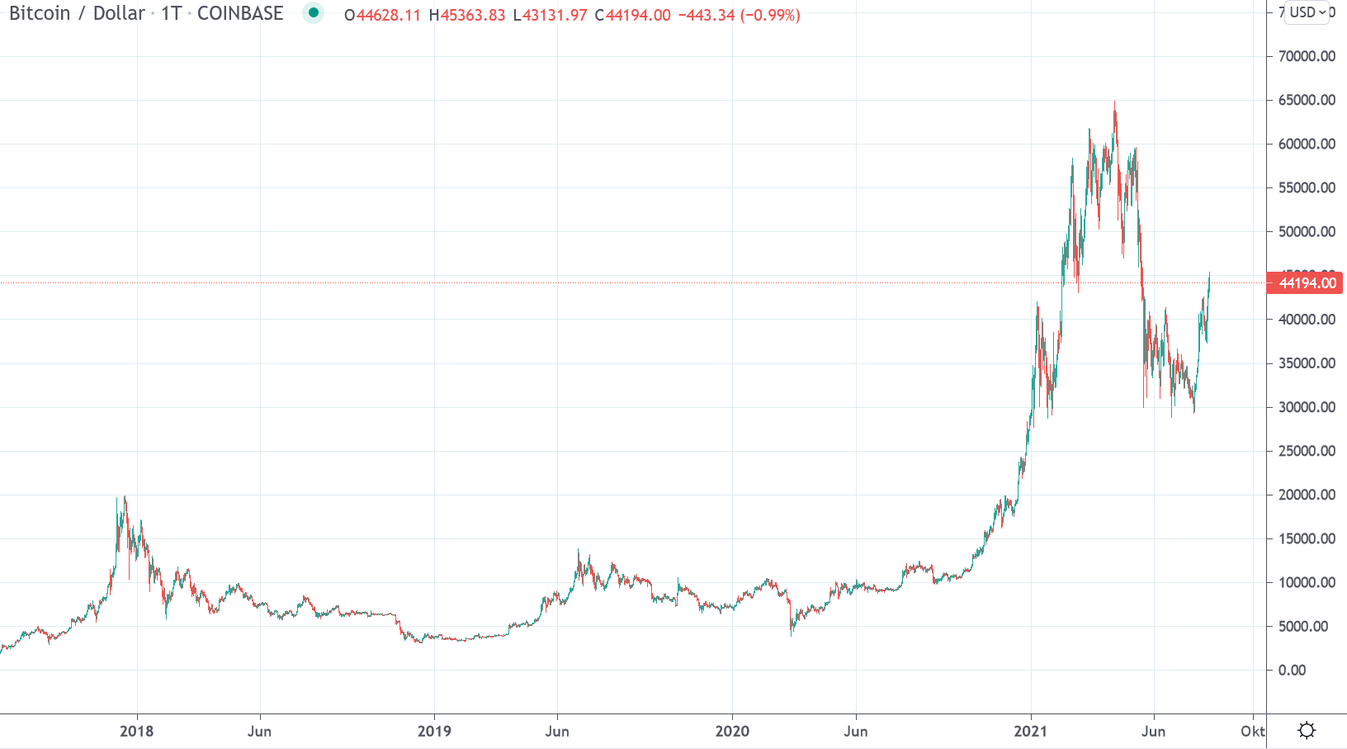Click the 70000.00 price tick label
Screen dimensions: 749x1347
click(1307, 56)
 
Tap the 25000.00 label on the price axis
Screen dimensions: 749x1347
click(1307, 451)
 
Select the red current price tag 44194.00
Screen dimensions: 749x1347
click(1307, 283)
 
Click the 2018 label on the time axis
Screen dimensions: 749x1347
click(137, 731)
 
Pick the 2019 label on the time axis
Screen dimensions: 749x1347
click(434, 731)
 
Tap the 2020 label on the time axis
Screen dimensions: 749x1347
click(732, 731)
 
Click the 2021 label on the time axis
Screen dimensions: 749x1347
click(1030, 731)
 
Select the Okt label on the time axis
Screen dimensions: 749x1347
click(1252, 731)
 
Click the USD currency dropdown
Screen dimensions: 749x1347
click(1307, 12)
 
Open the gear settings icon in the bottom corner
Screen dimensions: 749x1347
click(1307, 730)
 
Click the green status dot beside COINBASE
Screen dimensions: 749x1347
click(314, 12)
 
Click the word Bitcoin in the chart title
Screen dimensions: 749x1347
click(40, 13)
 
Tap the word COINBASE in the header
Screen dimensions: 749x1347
click(240, 13)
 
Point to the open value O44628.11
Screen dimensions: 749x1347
click(382, 15)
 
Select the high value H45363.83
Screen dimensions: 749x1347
click(467, 15)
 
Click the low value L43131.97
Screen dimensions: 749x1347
click(551, 15)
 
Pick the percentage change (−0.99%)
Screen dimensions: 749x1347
click(770, 15)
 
